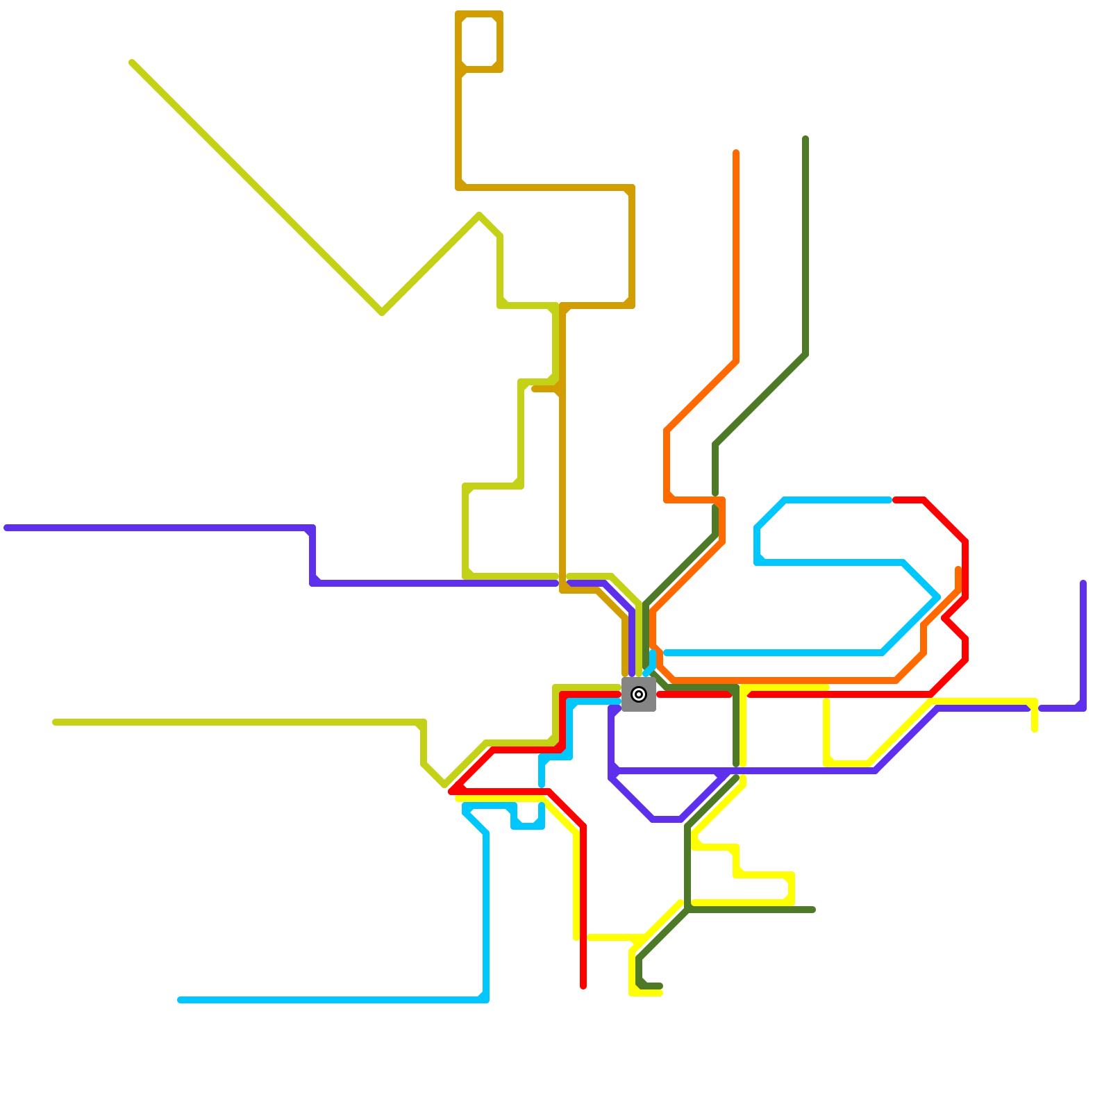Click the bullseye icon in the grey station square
coord(639,694)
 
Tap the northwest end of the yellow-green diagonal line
coord(132,63)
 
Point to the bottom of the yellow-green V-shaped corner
coord(382,312)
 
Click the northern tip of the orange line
coord(736,152)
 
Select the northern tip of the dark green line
coord(805,139)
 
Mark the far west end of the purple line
coord(6,528)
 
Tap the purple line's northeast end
coord(1083,583)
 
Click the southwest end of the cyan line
coord(180,1000)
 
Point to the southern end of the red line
coord(583,986)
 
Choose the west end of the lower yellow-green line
coord(56,722)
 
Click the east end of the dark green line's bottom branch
coord(812,910)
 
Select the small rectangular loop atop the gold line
coord(480,42)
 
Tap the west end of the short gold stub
coord(534,389)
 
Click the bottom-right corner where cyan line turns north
coord(485,999)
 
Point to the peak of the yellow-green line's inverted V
coord(480,216)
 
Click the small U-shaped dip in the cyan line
coord(528,825)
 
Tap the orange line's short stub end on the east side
coord(958,569)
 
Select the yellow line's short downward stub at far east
coord(1035,729)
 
